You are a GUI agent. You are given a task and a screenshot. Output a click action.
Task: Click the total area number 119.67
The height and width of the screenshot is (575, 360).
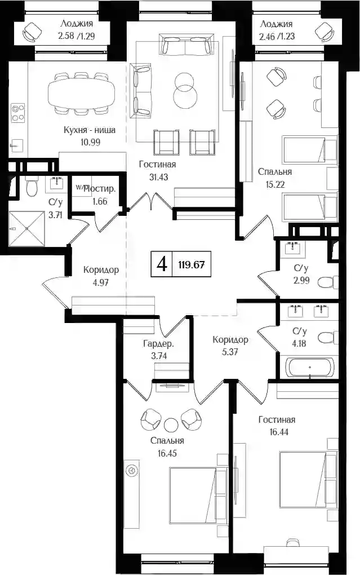pyautogui.click(x=192, y=264)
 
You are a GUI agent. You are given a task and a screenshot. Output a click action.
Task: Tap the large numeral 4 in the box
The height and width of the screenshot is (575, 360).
pyautogui.click(x=162, y=264)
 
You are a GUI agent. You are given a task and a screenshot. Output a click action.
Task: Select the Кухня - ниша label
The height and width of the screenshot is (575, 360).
pyautogui.click(x=90, y=130)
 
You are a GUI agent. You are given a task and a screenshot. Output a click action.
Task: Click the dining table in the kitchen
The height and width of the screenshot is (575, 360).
pyautogui.click(x=81, y=94)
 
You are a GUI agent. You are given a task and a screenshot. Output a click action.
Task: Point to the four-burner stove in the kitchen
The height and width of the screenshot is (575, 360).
pyautogui.click(x=17, y=113)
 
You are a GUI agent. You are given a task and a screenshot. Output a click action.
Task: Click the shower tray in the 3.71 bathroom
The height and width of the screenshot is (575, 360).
pyautogui.click(x=27, y=228)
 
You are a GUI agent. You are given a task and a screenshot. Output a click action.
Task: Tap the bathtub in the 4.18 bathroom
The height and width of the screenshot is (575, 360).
pyautogui.click(x=310, y=367)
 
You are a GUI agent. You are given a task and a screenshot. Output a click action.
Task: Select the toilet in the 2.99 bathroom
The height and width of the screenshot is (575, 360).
pyautogui.click(x=327, y=282)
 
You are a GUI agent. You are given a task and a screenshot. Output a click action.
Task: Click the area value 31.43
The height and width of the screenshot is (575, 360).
pyautogui.click(x=158, y=177)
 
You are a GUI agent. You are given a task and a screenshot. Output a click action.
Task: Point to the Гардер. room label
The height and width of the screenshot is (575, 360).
pyautogui.click(x=158, y=344)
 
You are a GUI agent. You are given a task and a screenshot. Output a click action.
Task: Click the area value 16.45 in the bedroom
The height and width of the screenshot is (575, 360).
pyautogui.click(x=167, y=453)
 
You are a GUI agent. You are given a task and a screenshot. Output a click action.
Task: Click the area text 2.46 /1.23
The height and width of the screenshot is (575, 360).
pyautogui.click(x=277, y=36)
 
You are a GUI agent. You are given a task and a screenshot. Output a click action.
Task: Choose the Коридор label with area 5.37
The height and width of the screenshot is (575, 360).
pyautogui.click(x=230, y=339)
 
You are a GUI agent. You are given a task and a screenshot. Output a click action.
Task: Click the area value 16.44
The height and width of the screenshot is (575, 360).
pyautogui.click(x=279, y=432)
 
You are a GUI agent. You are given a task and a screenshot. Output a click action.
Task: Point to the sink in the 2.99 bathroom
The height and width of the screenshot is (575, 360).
pyautogui.click(x=292, y=247)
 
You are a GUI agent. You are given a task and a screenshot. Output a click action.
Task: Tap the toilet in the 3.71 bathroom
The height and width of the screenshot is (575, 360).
pyautogui.click(x=32, y=186)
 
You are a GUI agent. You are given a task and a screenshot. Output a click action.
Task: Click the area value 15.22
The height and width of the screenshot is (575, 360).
pyautogui.click(x=275, y=184)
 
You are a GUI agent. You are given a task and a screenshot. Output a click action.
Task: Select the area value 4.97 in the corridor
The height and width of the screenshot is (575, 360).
pyautogui.click(x=101, y=282)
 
